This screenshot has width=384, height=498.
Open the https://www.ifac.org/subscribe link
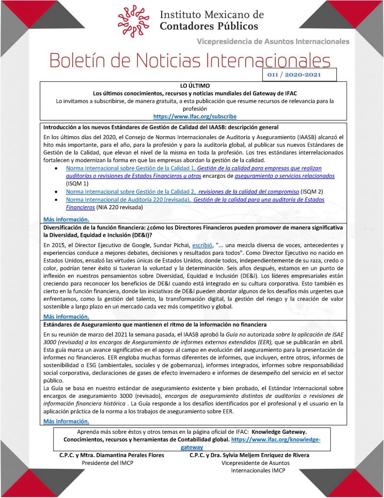[195, 117]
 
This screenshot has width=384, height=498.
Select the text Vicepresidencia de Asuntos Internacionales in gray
[273, 41]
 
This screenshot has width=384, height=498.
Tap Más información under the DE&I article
[66, 316]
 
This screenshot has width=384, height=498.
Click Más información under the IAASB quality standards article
[66, 219]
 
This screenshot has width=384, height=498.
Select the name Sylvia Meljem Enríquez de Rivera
[264, 455]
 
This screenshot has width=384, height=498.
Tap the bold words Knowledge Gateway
[279, 432]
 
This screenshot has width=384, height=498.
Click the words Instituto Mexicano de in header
[212, 15]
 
